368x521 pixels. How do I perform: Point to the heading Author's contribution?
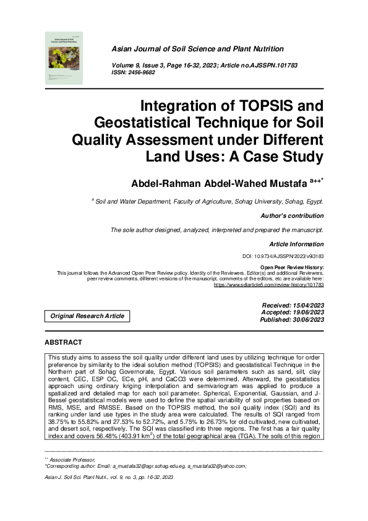(x=293, y=216)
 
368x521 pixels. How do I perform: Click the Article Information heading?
(x=296, y=244)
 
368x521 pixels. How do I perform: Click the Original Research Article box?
(x=87, y=316)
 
